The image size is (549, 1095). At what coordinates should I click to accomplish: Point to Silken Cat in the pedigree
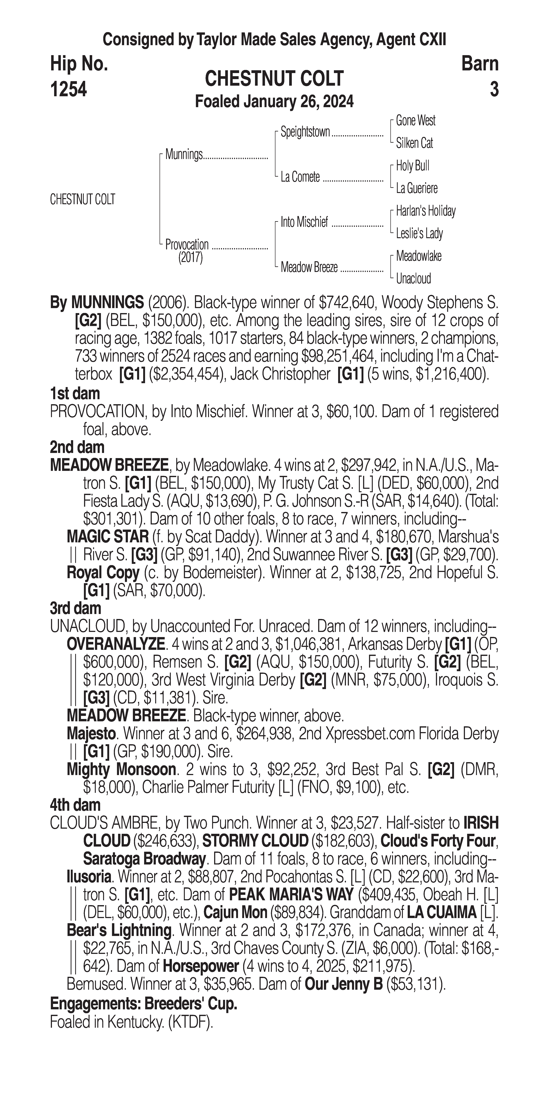tap(414, 143)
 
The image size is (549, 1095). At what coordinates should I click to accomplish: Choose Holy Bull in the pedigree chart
tap(412, 166)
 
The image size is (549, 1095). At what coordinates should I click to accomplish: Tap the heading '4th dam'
tap(75, 805)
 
